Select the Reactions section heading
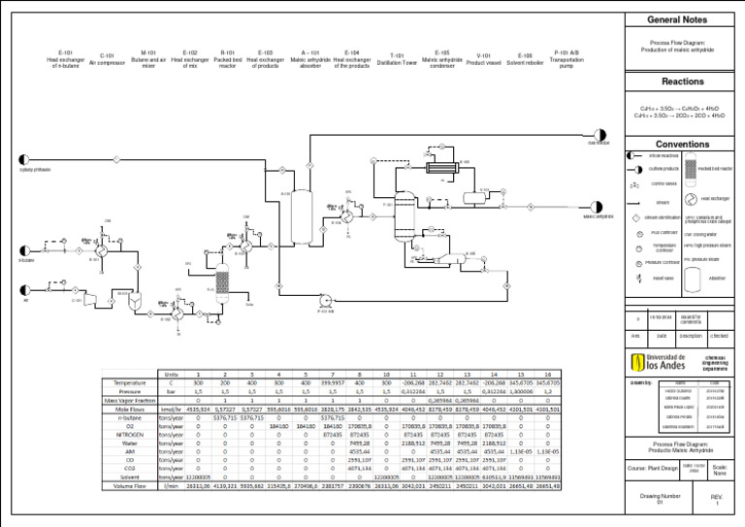point(682,82)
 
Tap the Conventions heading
point(682,144)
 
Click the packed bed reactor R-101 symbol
point(222,282)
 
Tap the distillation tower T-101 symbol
point(408,183)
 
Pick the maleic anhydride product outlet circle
point(599,206)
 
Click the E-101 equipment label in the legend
point(66,58)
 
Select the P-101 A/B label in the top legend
point(566,59)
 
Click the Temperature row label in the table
point(129,383)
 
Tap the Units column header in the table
point(172,374)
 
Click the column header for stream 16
point(549,374)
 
